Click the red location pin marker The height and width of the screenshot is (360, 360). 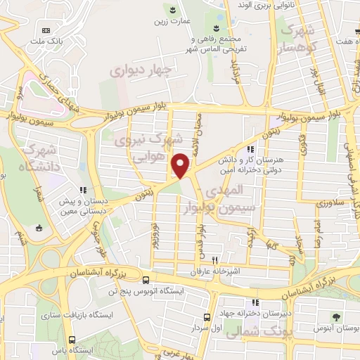pos(181,165)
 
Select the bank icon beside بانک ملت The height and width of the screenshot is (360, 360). pos(46,30)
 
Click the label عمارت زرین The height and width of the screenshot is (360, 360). pos(173,22)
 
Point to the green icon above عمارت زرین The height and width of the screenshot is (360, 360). pos(173,9)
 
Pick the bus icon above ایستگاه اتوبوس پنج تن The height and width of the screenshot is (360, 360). pos(145,278)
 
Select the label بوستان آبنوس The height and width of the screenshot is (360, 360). pos(336,328)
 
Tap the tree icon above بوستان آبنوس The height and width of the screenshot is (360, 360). pos(336,316)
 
